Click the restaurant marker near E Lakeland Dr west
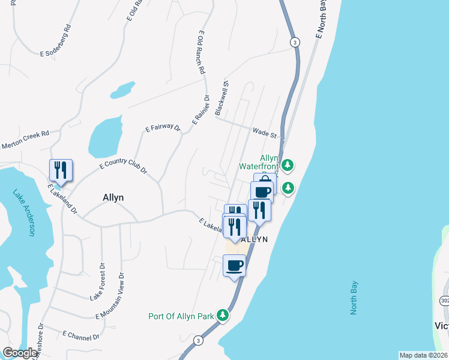(x=61, y=170)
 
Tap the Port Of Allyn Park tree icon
(x=223, y=315)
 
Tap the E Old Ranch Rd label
(x=201, y=52)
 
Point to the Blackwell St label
(x=223, y=98)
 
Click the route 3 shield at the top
(x=294, y=42)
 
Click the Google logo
(x=20, y=353)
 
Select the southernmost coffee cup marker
(x=234, y=265)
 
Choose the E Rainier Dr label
(x=199, y=110)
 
